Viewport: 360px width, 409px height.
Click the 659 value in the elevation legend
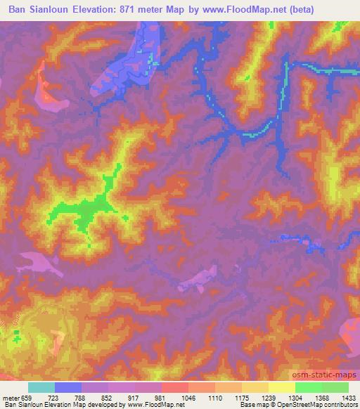(x=27, y=397)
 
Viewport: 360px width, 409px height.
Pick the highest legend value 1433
(x=348, y=397)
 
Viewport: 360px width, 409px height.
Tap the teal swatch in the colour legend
(x=41, y=387)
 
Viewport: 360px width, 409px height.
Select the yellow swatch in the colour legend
(x=282, y=387)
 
